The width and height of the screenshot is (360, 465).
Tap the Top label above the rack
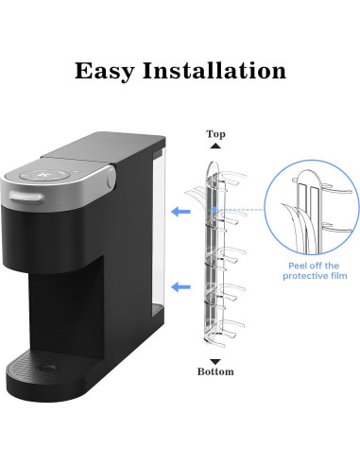pos(216,134)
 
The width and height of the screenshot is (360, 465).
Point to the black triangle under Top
pos(216,146)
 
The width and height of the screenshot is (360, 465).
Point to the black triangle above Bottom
pos(216,361)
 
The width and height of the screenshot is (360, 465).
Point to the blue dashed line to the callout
pos(242,210)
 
